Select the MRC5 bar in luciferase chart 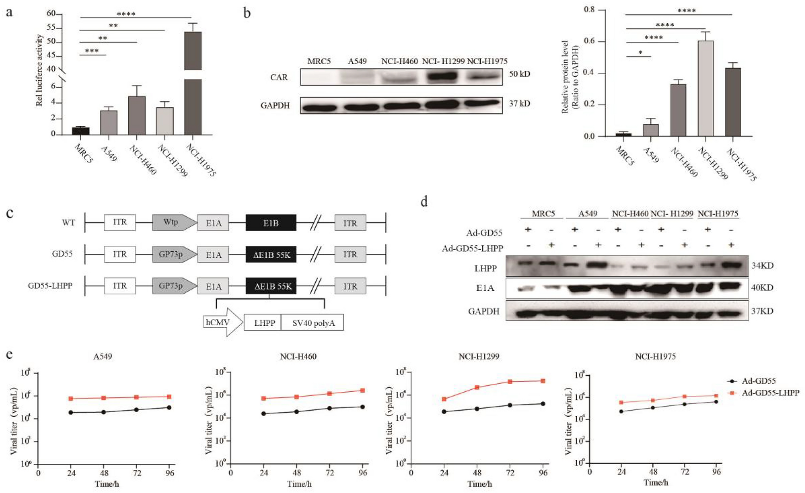coord(81,131)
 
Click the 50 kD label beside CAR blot coord(519,74)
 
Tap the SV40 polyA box coord(313,323)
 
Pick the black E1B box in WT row coord(271,223)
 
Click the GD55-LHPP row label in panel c coord(50,286)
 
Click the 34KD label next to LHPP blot coord(762,266)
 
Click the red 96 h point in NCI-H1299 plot coord(543,381)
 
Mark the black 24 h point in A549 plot coord(71,412)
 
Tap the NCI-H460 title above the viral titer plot coord(298,357)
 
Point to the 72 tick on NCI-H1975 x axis coord(685,471)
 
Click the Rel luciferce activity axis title coord(39,70)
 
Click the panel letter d coord(424,201)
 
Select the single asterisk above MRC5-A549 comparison coord(640,53)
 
